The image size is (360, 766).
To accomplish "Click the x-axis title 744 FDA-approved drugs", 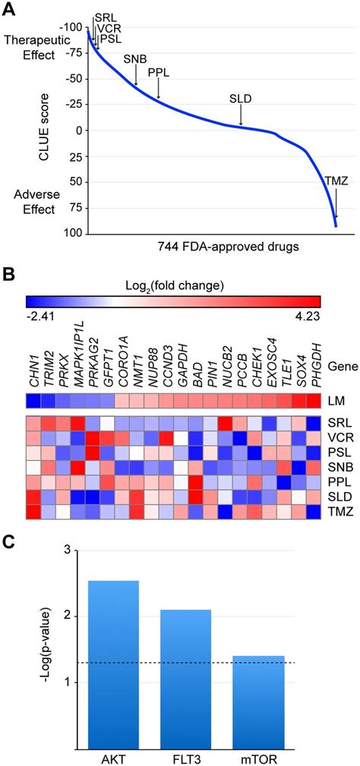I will pyautogui.click(x=216, y=247).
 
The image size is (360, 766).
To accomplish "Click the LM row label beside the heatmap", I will pyautogui.click(x=337, y=399).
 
